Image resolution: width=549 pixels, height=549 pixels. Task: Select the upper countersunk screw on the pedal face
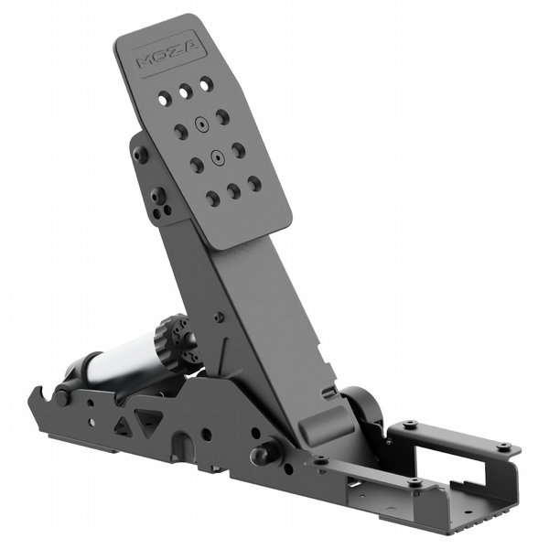(x=201, y=124)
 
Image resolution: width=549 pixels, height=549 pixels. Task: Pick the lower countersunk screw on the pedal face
(x=217, y=158)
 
